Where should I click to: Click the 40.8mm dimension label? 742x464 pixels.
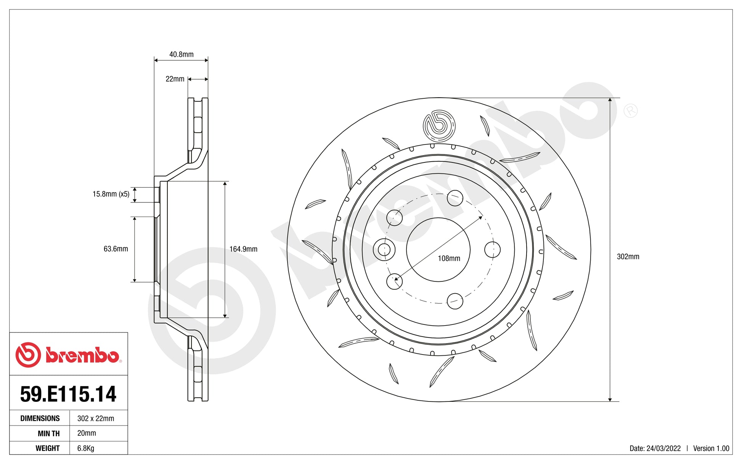coord(181,55)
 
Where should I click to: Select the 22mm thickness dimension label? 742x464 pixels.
coord(175,79)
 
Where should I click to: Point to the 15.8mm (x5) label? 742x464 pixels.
coord(111,194)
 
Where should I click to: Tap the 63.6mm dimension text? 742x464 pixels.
coord(116,249)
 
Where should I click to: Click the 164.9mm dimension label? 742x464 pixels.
coord(243,249)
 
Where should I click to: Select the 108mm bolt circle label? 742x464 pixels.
coord(449,258)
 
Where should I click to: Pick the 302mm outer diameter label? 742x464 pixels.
coord(628,257)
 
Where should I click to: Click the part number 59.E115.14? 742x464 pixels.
coord(68,394)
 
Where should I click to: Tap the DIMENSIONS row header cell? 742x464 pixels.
coord(40,418)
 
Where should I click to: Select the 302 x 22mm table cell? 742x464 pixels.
coord(95,418)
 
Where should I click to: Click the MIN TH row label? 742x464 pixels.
coord(48,433)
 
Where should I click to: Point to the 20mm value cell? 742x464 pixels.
coord(87,433)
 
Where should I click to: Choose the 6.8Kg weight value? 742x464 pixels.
coord(85,448)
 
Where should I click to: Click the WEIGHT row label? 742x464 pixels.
coord(47,448)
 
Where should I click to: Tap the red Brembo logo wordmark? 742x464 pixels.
coord(82,355)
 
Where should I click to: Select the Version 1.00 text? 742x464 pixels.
coord(711,448)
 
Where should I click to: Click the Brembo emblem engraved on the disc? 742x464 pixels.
coord(439,126)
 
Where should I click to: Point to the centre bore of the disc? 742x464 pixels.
coord(438,250)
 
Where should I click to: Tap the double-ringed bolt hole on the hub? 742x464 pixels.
coord(384,250)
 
